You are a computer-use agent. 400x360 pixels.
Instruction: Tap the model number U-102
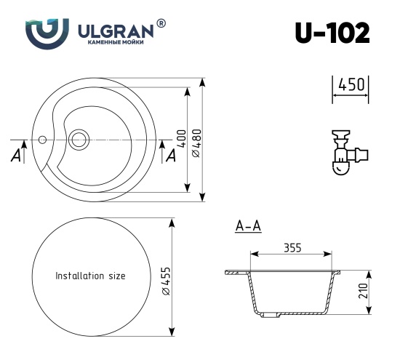point(332,32)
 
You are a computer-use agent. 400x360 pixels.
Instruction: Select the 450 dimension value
point(351,85)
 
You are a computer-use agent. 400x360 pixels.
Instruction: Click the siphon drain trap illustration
point(346,152)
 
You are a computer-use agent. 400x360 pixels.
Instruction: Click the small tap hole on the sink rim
point(43,137)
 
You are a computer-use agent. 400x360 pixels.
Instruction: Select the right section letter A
point(171,156)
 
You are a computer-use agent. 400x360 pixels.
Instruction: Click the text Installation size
point(91,276)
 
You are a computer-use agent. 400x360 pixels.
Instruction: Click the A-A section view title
point(249,228)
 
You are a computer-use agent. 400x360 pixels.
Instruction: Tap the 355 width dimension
point(292,247)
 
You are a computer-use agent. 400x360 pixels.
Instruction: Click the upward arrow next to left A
point(25,151)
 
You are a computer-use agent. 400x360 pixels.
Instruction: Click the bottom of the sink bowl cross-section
point(289,316)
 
